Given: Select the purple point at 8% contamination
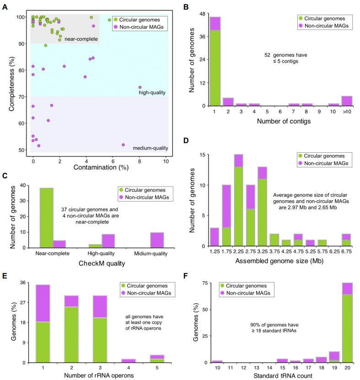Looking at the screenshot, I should pyautogui.click(x=140, y=87).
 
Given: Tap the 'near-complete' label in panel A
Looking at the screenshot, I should pyautogui.click(x=81, y=39).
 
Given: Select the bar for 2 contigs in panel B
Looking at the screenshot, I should pyautogui.click(x=228, y=102).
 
